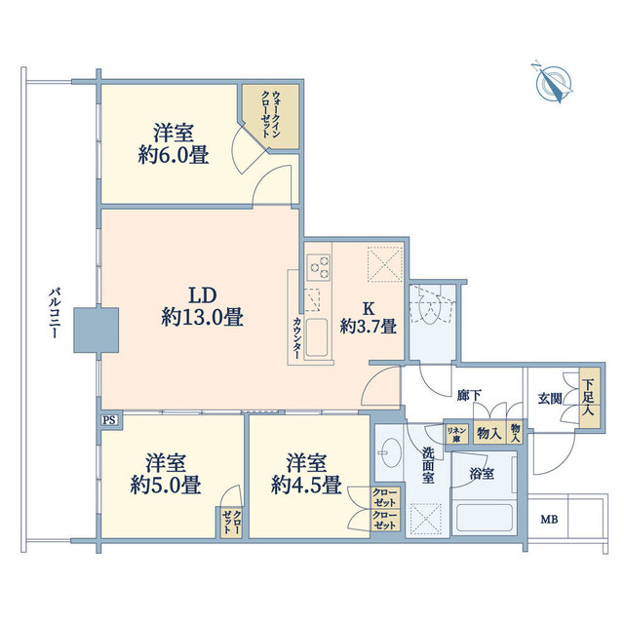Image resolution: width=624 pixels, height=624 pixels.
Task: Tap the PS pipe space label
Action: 109,420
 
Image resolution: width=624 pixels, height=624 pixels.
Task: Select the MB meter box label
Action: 549,520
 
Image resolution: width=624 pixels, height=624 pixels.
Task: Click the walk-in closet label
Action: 270,114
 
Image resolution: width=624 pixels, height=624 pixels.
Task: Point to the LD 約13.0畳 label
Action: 203,307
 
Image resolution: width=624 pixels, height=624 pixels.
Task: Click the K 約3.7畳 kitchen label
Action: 369,318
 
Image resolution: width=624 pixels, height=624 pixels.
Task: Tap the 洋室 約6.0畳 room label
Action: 174,143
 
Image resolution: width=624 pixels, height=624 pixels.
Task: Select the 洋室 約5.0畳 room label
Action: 165,474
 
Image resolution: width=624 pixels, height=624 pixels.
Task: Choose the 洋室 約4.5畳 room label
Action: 306,474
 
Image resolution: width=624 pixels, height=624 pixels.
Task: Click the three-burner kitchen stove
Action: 319,266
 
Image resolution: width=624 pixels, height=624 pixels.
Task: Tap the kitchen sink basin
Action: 316,338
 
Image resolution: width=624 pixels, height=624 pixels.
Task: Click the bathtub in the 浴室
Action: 484,518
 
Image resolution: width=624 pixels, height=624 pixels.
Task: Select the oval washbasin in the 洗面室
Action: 391,452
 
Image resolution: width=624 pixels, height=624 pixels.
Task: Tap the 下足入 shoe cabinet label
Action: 588,398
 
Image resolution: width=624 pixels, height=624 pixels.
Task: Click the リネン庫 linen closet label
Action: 456,434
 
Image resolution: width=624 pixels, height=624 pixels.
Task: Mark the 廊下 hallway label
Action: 469,395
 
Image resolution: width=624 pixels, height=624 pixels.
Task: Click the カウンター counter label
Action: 296,338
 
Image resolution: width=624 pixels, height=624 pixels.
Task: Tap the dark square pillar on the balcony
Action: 97,330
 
